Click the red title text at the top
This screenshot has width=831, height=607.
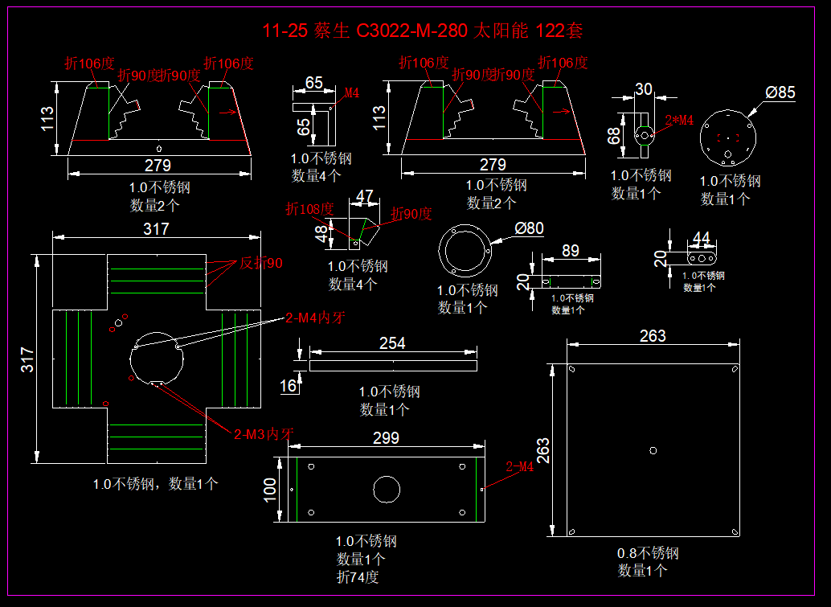[423, 31]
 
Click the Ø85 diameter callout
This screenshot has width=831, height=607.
[780, 92]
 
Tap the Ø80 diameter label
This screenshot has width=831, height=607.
[529, 228]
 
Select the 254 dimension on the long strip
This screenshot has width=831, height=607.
[391, 343]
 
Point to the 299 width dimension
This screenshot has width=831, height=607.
[386, 438]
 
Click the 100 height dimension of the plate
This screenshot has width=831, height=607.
[270, 487]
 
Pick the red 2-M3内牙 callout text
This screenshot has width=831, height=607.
[264, 433]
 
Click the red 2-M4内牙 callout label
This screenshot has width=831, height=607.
[315, 317]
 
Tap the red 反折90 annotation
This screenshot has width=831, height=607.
[261, 263]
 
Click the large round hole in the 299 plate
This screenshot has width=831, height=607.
[386, 488]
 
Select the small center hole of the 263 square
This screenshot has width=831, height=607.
[653, 450]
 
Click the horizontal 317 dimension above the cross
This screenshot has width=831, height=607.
[156, 229]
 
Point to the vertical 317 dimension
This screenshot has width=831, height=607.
[27, 359]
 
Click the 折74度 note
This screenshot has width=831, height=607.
[358, 576]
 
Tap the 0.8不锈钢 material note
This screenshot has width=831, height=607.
[648, 553]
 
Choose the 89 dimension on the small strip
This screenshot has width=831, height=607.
[570, 251]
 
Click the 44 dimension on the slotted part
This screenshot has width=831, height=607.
[701, 238]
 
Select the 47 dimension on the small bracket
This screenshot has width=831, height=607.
[365, 196]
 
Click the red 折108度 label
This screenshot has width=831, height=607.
[309, 209]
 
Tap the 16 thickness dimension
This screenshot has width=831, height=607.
[287, 386]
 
